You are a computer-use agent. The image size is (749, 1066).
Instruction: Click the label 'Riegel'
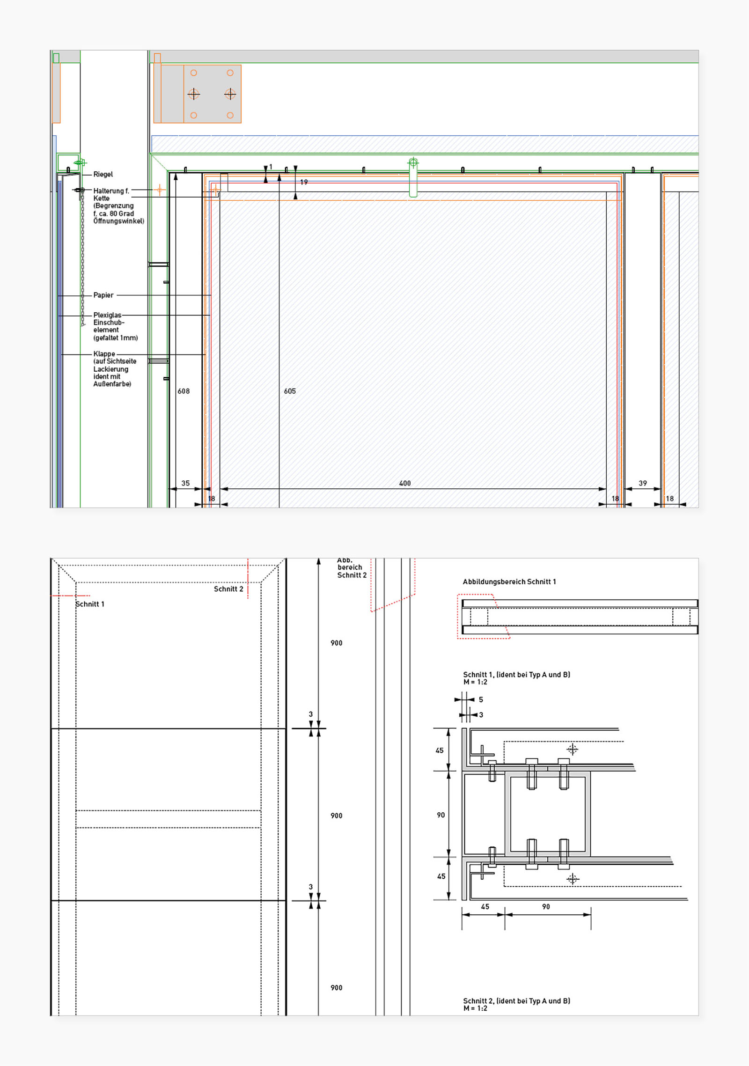103,174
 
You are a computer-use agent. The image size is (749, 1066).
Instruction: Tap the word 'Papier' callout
103,295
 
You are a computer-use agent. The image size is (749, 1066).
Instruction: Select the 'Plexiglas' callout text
107,315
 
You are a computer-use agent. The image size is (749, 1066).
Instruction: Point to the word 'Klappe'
104,354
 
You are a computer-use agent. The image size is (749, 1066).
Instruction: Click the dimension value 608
184,391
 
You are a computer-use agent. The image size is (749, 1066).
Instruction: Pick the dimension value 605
290,391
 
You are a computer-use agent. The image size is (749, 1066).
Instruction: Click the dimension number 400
405,483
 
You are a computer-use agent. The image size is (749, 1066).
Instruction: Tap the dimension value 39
643,483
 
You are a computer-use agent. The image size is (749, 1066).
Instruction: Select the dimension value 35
185,483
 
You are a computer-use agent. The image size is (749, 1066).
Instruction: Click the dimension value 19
304,182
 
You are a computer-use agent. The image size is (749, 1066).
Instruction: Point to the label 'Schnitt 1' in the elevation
90,604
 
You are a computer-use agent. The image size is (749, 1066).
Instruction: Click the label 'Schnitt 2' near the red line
228,589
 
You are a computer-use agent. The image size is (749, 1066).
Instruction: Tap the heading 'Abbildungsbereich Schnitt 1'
509,581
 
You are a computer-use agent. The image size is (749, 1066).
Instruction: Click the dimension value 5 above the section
481,699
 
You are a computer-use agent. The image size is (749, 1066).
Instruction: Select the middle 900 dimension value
336,816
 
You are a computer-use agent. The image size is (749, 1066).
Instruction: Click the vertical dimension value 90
441,815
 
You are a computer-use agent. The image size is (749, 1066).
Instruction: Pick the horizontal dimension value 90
546,906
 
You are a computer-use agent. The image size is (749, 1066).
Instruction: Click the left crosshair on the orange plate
193,94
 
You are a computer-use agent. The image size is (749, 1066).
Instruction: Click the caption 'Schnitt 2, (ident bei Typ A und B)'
516,1001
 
